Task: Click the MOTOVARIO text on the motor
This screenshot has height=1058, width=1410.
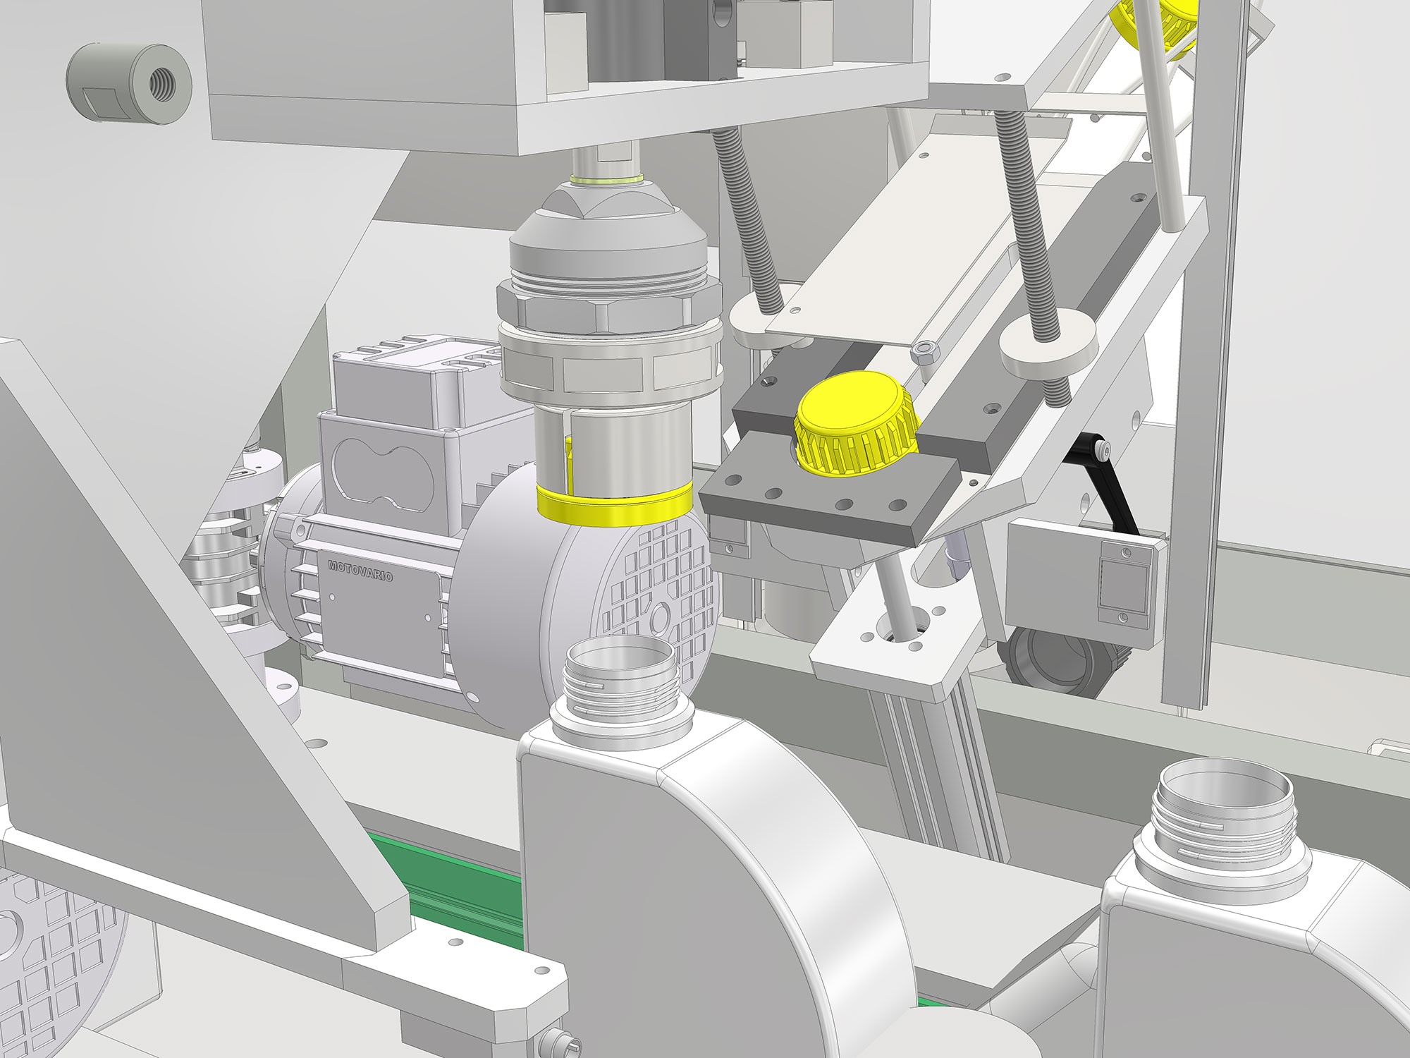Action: pyautogui.click(x=360, y=571)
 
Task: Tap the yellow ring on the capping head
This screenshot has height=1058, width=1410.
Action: pyautogui.click(x=614, y=506)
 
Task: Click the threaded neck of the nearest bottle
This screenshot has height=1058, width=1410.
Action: pyautogui.click(x=620, y=684)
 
